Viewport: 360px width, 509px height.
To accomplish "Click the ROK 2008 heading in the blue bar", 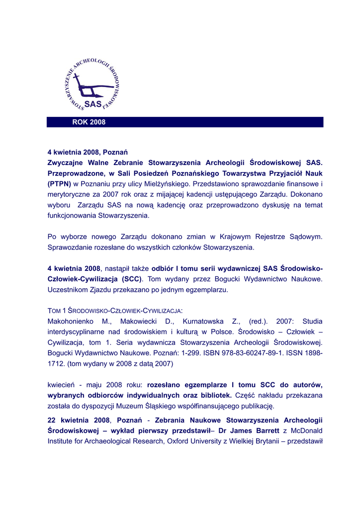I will pyautogui.click(x=89, y=122).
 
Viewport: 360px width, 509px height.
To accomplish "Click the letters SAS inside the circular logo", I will pyautogui.click(x=93, y=104).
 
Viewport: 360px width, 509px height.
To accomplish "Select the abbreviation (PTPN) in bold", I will pyautogui.click(x=59, y=184).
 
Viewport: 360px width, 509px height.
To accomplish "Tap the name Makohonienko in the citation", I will pyautogui.click(x=72, y=321).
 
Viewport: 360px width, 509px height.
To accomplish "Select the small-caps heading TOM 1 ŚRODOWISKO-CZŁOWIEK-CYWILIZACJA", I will pyautogui.click(x=115, y=311).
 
